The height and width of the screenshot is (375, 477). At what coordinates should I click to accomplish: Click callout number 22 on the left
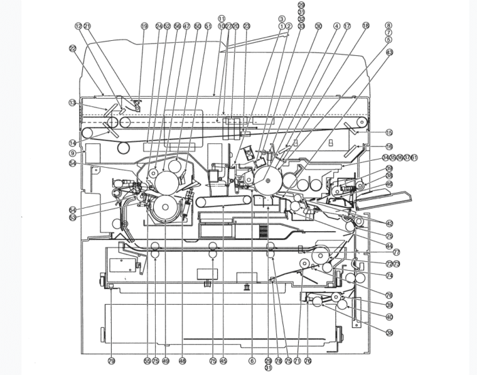pos(72,48)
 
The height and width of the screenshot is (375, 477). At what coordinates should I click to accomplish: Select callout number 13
pos(71,103)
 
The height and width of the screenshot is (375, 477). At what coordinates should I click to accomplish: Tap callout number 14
pos(71,142)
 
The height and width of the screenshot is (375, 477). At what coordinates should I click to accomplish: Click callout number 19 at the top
pos(144,26)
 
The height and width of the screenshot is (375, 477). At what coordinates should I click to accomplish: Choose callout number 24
pos(159,26)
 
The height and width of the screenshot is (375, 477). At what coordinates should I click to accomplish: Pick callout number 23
pos(247,26)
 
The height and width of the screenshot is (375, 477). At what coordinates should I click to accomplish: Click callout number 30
pos(318,26)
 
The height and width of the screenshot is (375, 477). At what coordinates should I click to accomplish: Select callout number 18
pos(366,26)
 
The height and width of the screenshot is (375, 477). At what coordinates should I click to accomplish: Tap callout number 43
pos(389,52)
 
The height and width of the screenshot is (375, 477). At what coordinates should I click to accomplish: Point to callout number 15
pos(389,132)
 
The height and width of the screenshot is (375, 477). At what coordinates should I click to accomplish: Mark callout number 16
pos(389,146)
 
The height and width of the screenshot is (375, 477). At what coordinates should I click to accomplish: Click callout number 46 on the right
pos(389,184)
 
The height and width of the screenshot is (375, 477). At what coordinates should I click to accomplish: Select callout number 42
pos(389,223)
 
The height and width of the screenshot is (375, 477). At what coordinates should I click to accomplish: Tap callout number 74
pos(389,275)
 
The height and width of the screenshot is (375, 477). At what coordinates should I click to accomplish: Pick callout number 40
pos(389,316)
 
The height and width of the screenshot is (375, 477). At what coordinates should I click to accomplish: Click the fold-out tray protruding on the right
pos(384,200)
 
